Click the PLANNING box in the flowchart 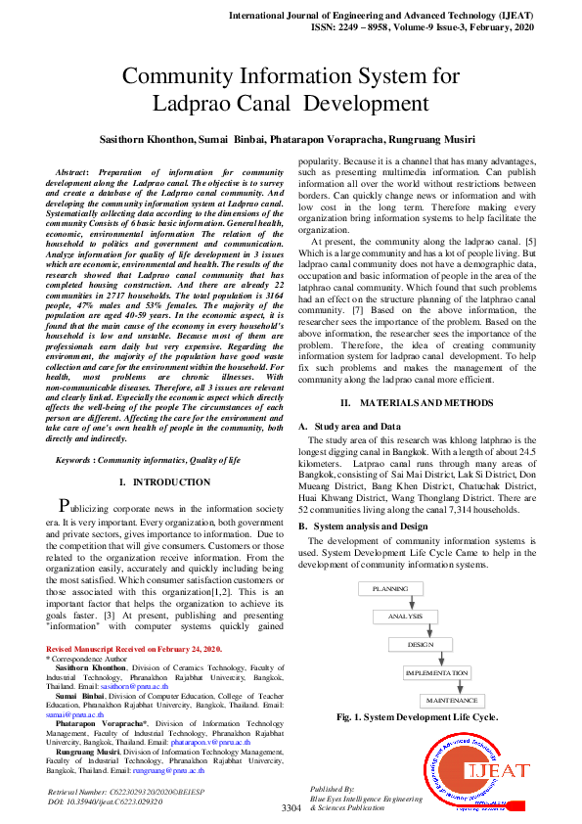pyautogui.click(x=389, y=589)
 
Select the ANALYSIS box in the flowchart pyautogui.click(x=405, y=617)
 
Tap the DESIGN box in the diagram pyautogui.click(x=420, y=645)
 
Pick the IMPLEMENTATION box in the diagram pyautogui.click(x=436, y=673)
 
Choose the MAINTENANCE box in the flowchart pyautogui.click(x=451, y=701)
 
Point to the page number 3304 pyautogui.click(x=291, y=807)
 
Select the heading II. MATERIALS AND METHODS pyautogui.click(x=425, y=403)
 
